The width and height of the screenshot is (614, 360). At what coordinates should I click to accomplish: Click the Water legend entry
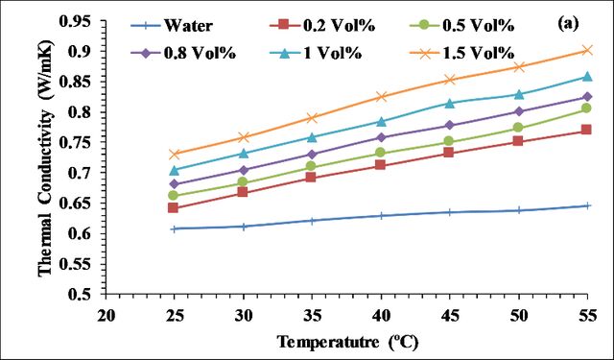[173, 26]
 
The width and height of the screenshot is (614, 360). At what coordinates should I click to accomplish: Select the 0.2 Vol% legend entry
[322, 26]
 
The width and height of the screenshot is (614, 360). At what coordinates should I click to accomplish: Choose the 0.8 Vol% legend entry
[183, 53]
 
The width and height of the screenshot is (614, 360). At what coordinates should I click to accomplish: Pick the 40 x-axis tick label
[382, 315]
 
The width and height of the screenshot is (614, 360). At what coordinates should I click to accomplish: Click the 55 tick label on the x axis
[587, 315]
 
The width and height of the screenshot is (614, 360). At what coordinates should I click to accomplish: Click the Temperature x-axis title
[347, 342]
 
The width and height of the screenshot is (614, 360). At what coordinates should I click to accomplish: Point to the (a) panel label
[567, 24]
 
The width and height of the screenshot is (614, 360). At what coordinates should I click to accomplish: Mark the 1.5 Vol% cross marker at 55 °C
[587, 50]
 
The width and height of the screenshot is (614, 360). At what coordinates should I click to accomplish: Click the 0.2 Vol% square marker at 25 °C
[173, 207]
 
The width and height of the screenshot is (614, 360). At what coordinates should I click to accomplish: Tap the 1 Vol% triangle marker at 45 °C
[450, 103]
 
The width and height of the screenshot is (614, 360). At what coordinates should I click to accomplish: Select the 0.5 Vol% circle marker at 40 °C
[381, 153]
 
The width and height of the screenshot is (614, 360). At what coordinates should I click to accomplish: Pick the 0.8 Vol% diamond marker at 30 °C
[243, 170]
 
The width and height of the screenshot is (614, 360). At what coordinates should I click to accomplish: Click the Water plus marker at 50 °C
[519, 210]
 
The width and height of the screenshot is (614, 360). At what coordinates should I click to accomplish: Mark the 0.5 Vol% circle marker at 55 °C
[586, 108]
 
